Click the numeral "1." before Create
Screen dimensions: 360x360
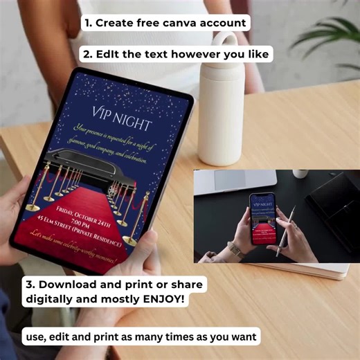click(88, 23)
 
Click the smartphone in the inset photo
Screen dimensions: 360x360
click(261, 217)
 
